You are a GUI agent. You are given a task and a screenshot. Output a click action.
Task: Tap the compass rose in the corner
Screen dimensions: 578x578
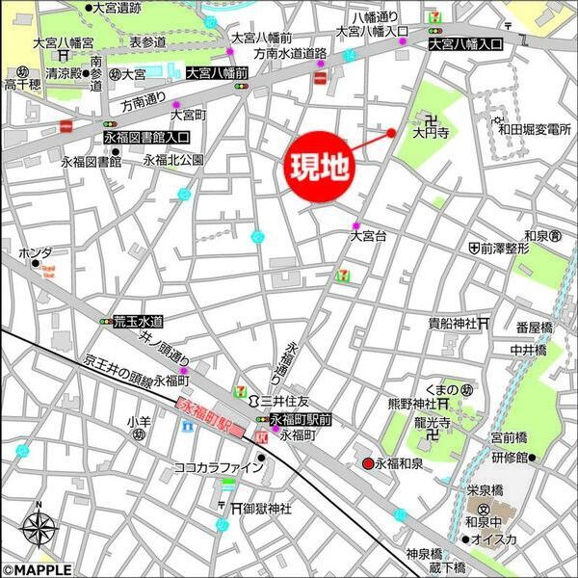(x=39, y=529)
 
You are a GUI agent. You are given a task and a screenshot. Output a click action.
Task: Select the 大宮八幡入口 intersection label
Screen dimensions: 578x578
(x=465, y=44)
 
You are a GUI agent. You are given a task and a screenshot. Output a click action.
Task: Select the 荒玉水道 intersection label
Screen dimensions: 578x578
(x=138, y=321)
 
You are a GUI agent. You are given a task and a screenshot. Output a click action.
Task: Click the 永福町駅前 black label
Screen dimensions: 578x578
(x=300, y=419)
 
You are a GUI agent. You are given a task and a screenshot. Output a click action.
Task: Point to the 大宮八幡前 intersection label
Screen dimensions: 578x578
(x=218, y=72)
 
